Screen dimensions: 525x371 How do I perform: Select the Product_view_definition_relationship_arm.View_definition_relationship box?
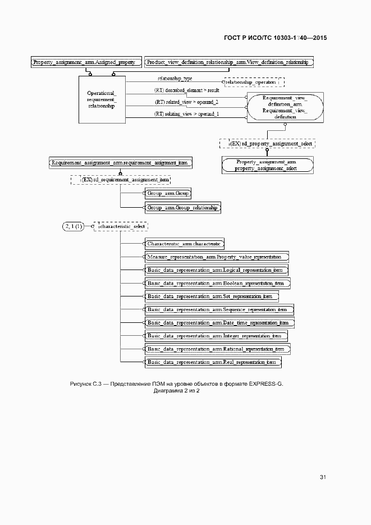(228, 62)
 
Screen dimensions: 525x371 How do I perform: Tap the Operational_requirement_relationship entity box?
(102, 99)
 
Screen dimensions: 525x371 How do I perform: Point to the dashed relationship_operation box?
(253, 82)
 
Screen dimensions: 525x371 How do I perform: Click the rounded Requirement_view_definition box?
(285, 107)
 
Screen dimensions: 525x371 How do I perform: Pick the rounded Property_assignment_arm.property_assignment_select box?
(267, 165)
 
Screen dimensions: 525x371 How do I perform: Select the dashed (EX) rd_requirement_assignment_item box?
(120, 180)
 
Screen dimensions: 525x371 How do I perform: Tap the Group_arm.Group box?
(168, 194)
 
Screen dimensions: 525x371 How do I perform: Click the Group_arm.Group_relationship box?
(182, 208)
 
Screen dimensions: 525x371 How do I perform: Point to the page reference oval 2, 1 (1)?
(74, 226)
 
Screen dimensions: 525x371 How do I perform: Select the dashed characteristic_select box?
(121, 226)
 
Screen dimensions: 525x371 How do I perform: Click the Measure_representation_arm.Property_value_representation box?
(217, 257)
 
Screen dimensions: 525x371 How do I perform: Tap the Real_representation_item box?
(213, 362)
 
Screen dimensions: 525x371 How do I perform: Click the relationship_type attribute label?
(175, 79)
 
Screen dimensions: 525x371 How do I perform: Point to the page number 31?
(323, 477)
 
